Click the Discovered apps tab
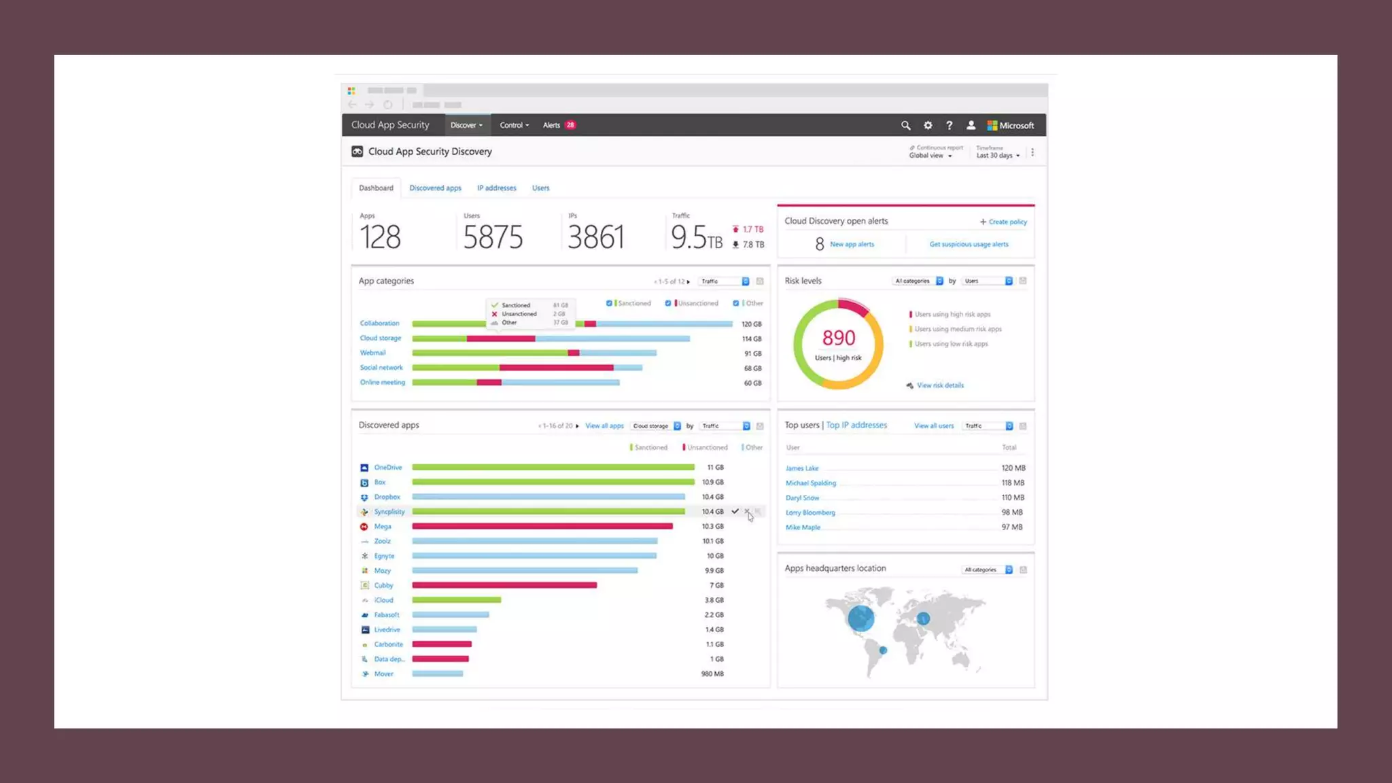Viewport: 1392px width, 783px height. point(435,188)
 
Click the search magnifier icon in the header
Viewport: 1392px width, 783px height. point(905,126)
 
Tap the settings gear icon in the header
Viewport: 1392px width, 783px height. point(928,126)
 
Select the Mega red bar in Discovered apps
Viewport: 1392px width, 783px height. point(542,527)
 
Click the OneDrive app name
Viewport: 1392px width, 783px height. point(387,468)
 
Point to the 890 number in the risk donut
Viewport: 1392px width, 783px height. point(838,338)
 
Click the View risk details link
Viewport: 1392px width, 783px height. point(940,385)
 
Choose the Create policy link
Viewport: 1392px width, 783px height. point(1007,222)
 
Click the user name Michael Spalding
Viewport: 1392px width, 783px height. point(810,483)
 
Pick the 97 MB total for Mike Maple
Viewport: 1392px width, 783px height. point(1011,527)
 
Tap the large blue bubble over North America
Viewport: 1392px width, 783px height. point(860,619)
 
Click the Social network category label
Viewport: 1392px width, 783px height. point(381,368)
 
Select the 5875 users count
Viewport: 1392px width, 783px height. point(493,237)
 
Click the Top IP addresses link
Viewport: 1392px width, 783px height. point(856,425)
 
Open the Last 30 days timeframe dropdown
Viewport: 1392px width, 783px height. point(998,156)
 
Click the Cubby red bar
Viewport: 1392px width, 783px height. point(504,585)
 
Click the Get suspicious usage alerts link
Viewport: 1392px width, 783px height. point(969,245)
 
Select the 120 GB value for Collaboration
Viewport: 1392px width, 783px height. point(751,324)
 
